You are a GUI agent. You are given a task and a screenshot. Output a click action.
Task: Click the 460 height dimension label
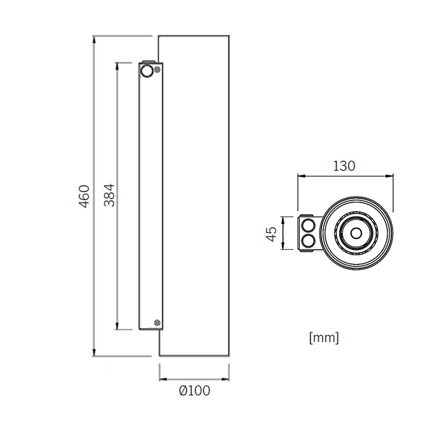pos(84,196)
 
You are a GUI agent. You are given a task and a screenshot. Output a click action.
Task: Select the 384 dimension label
pos(109,195)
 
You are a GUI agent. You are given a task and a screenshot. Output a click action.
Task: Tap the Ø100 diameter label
pos(195,391)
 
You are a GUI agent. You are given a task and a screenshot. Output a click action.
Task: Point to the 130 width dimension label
pos(344,166)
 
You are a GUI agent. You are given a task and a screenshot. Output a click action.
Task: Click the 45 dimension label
pos(272,234)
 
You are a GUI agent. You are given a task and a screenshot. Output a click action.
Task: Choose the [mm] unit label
pos(324,338)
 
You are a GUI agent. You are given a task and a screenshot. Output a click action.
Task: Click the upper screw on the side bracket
pos(157,70)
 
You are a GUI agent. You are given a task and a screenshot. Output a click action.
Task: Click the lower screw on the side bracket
pos(157,322)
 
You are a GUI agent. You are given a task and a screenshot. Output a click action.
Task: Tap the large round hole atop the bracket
pos(146,71)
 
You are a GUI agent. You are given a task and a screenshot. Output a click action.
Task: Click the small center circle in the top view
pos(356,234)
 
